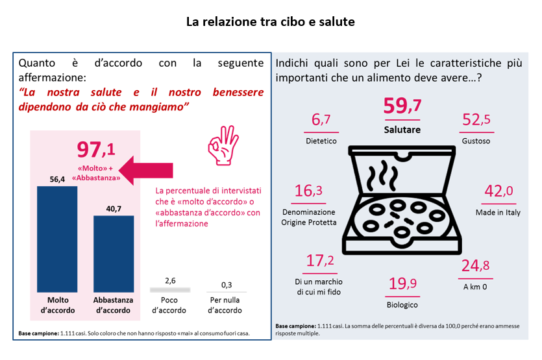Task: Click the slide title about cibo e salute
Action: pos(271,21)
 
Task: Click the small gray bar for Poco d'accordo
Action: pos(170,289)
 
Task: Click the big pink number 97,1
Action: pos(96,149)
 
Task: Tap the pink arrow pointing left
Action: pos(147,171)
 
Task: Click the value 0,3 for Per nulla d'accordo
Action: pos(227,285)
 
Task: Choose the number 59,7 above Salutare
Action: pos(402,106)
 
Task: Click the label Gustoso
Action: pos(476,141)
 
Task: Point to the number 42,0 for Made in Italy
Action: pos(498,191)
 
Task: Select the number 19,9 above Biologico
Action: pos(402,283)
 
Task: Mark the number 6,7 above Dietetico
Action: pos(321,119)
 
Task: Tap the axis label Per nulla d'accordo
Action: pos(227,305)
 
